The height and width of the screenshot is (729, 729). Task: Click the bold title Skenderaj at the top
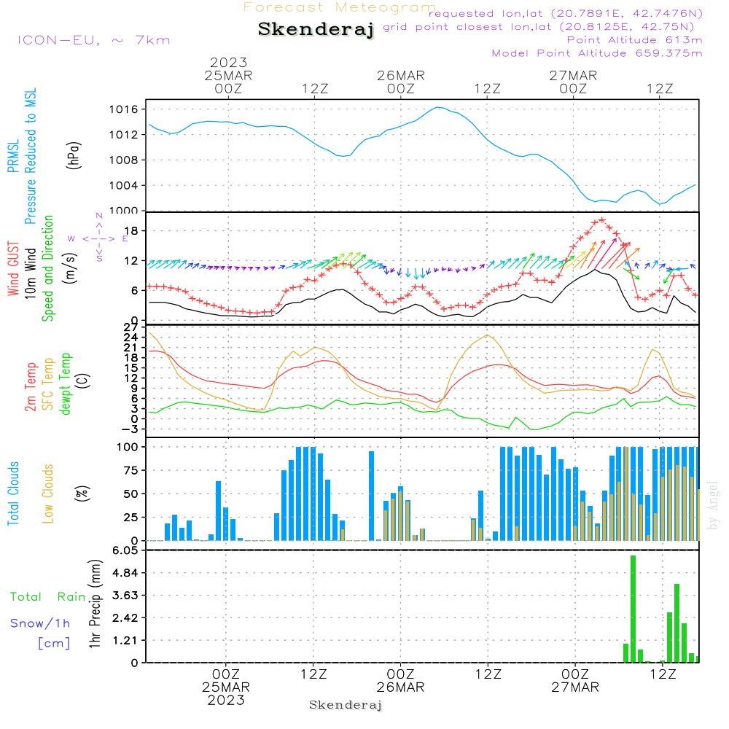click(316, 29)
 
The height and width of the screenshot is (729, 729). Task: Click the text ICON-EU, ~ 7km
click(93, 40)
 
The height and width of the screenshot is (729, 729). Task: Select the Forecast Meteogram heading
click(340, 7)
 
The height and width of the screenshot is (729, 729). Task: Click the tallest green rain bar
click(634, 609)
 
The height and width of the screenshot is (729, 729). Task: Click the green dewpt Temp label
click(66, 385)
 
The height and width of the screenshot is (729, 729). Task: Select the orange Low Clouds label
click(49, 494)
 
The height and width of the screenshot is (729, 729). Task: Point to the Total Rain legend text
click(47, 597)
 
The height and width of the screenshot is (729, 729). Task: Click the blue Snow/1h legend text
click(41, 623)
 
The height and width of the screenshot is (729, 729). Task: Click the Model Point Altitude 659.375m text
click(597, 53)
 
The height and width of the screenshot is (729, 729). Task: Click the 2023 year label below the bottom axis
click(226, 701)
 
